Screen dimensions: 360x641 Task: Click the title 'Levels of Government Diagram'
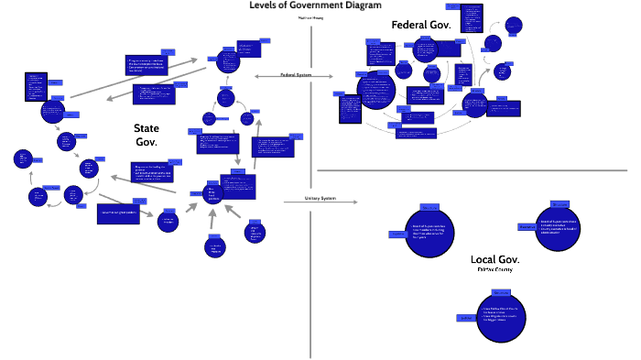coord(314,5)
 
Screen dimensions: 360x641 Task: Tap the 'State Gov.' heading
coord(147,135)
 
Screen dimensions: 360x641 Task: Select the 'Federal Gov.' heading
coord(420,26)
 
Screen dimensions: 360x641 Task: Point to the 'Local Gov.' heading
coord(494,259)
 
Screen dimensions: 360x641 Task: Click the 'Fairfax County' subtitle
coord(494,270)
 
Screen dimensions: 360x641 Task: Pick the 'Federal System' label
coord(296,75)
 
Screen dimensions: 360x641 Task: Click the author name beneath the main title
coord(311,18)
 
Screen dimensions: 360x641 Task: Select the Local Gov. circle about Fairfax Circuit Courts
coord(501,317)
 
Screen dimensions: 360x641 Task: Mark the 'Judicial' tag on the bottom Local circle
coord(465,318)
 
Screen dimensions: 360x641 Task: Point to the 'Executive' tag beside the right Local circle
coord(527,226)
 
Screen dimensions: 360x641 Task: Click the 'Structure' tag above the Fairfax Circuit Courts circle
coord(501,292)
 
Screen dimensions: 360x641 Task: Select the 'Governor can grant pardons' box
coord(123,213)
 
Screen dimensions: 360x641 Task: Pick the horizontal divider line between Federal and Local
coord(476,170)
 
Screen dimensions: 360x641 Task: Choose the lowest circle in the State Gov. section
coord(213,247)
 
